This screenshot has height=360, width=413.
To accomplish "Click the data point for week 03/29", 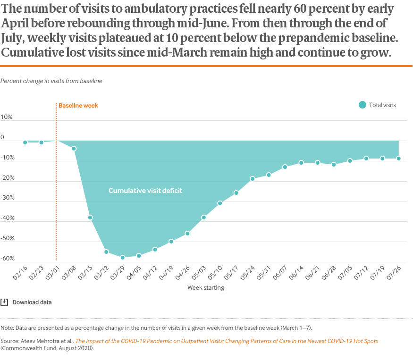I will click(122, 258).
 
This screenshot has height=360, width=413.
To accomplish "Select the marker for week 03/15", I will click(90, 218).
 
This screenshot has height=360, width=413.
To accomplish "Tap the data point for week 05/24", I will click(253, 179).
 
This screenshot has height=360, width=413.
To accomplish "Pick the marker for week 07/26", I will click(399, 159).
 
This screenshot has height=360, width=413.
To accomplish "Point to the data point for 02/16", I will click(25, 142).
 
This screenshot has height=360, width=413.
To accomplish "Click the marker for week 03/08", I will click(74, 149).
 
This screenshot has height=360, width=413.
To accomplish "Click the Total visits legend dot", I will click(362, 105).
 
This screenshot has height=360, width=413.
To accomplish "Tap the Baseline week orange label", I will click(78, 106).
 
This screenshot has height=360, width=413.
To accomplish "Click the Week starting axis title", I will click(206, 287).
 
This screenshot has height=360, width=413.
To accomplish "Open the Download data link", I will click(32, 302).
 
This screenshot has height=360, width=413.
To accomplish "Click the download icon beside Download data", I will click(4, 302).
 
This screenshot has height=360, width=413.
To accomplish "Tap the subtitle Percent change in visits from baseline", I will click(51, 81).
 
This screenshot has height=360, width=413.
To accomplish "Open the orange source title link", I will click(227, 341).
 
